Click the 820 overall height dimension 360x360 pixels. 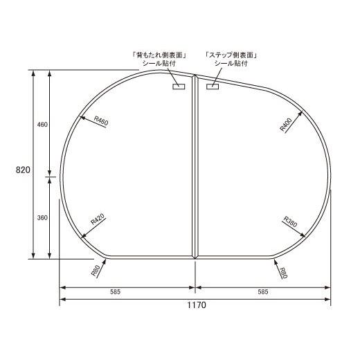(23, 170)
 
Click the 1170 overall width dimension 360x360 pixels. (196, 305)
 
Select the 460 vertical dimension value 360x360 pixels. (42, 125)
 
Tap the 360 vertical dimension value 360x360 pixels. (42, 217)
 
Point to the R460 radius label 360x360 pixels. (101, 120)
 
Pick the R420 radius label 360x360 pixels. (98, 219)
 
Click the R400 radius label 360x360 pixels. (286, 125)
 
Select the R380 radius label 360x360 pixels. (290, 222)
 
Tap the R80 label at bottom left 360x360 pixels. (96, 271)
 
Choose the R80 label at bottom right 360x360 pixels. (283, 273)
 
